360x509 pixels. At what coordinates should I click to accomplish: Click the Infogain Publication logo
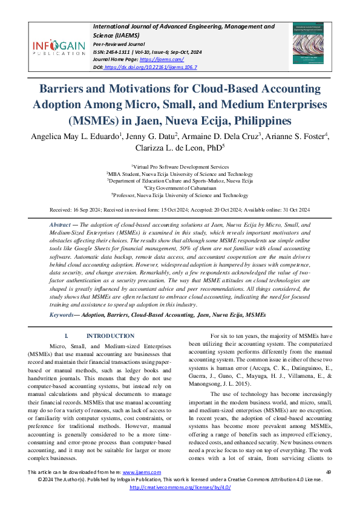(x=59, y=46)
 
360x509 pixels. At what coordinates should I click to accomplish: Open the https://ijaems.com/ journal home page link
(x=160, y=60)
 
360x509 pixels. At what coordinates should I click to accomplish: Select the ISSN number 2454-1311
(x=119, y=53)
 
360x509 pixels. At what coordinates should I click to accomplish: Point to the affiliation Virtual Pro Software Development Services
(x=180, y=166)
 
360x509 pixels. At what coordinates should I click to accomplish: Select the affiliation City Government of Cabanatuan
(x=180, y=188)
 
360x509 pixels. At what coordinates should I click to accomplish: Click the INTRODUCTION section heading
(x=110, y=336)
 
